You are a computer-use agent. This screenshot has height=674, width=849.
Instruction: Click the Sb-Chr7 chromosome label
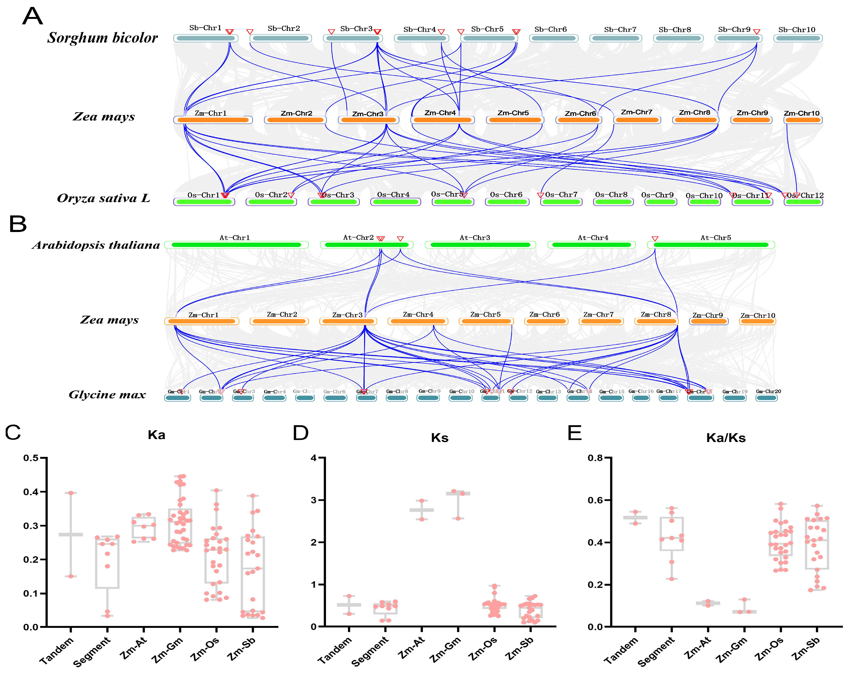620,30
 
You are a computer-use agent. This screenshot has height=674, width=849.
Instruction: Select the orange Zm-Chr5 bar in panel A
515,120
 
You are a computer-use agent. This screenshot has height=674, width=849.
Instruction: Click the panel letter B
18,224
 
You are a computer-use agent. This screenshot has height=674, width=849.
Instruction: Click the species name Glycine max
107,395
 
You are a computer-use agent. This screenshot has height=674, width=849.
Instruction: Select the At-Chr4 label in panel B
593,237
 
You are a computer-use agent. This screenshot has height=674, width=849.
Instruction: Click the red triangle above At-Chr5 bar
654,239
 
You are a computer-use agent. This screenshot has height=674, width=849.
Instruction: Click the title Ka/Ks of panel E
726,438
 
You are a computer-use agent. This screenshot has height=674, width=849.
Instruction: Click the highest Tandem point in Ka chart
71,493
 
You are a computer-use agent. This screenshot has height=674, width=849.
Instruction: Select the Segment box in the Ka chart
108,563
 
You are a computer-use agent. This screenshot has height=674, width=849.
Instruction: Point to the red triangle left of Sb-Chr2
250,31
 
